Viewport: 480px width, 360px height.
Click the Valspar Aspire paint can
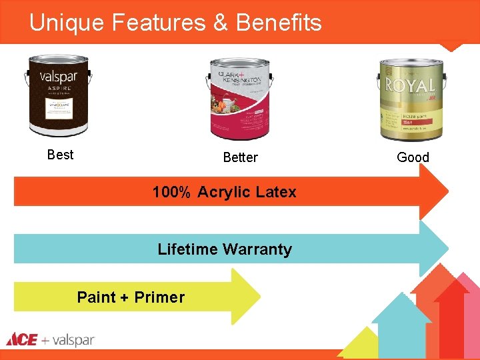(59, 96)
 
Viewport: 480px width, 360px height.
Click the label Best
(60, 155)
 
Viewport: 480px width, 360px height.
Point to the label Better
(240, 157)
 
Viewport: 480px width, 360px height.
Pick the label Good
(413, 157)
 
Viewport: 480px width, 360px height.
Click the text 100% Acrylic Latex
(224, 193)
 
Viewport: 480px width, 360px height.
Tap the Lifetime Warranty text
(225, 249)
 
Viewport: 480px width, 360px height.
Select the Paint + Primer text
(131, 297)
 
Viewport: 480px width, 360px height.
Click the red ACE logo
(21, 339)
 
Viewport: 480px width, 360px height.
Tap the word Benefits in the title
(279, 23)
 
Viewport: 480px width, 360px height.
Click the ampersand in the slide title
(221, 23)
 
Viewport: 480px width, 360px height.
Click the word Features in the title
(159, 23)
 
